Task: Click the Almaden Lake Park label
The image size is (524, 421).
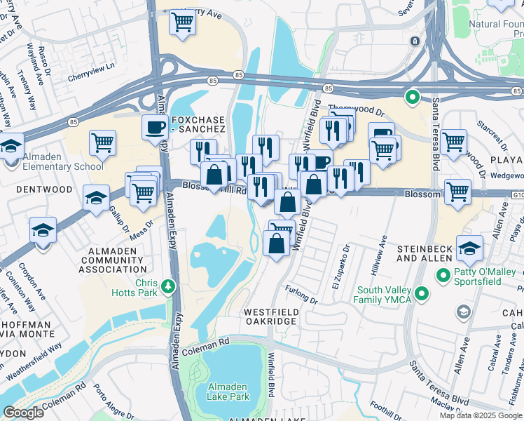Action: [229, 392]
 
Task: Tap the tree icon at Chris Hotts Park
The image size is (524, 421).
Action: [167, 286]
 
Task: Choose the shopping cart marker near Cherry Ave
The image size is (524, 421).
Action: [182, 22]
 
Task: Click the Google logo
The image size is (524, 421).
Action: [23, 413]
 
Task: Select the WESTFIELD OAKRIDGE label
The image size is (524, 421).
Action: [270, 316]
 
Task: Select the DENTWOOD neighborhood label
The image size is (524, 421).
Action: [45, 189]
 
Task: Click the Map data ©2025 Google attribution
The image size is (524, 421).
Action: [480, 415]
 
